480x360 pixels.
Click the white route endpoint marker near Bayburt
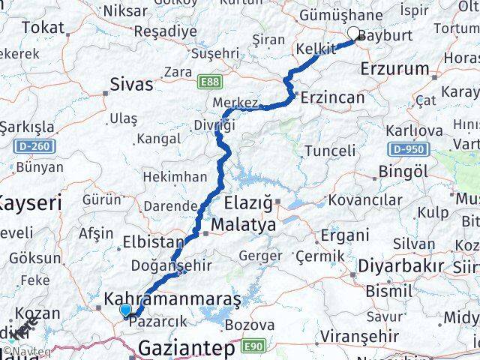pyautogui.click(x=354, y=33)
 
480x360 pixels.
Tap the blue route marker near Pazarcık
pyautogui.click(x=124, y=310)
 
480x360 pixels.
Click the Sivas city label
pyautogui.click(x=131, y=83)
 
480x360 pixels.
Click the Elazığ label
pyautogui.click(x=250, y=202)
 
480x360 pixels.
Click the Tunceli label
pyautogui.click(x=329, y=151)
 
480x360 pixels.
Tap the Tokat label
pyautogui.click(x=43, y=28)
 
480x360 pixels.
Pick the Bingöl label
pyautogui.click(x=403, y=172)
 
